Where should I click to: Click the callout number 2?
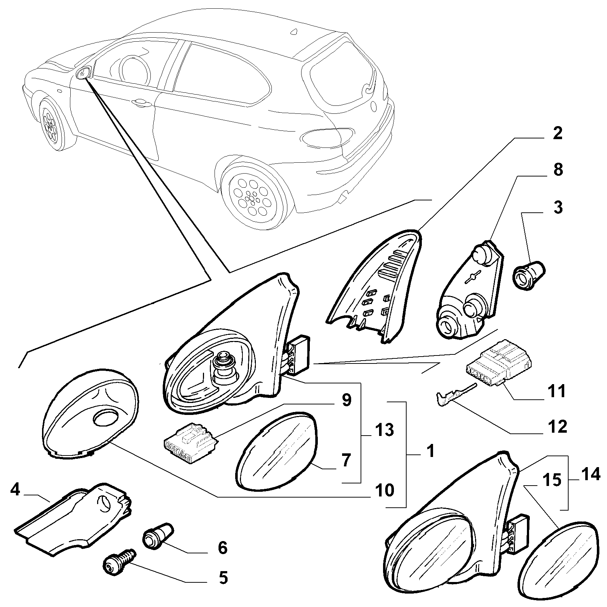(x=557, y=134)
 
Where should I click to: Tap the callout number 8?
(x=558, y=170)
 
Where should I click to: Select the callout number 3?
(x=558, y=207)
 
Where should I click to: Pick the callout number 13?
(x=384, y=430)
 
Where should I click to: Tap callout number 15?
(x=552, y=481)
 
